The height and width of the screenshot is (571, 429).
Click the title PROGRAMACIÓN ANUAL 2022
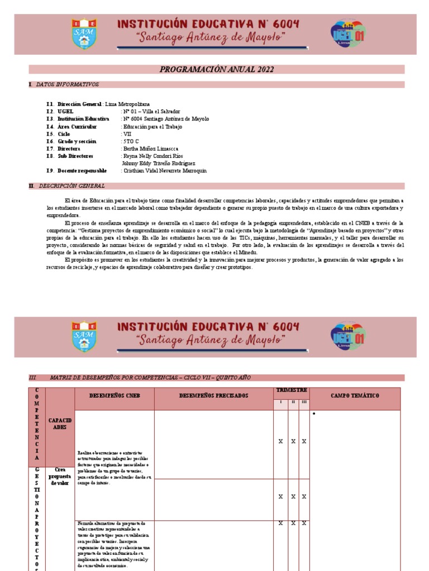click(216, 69)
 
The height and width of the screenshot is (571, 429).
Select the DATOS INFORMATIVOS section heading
click(67, 85)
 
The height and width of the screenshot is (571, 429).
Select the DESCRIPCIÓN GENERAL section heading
click(70, 186)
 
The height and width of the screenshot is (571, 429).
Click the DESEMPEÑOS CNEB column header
click(114, 395)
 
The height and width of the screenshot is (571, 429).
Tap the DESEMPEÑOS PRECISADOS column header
click(213, 395)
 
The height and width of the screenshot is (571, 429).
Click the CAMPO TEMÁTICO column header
click(355, 395)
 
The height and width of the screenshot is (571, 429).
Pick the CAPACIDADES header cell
click(60, 423)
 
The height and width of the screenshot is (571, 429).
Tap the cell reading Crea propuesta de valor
click(60, 477)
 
